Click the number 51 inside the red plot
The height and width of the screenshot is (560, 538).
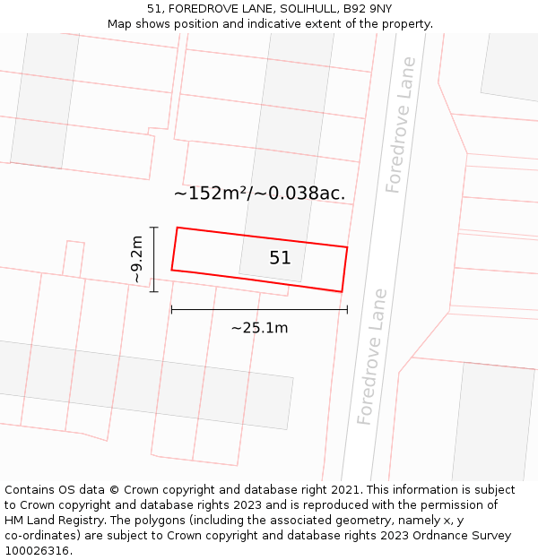point(280,258)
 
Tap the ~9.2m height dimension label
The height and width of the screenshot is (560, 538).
point(136,259)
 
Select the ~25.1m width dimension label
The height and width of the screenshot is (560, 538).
point(259,328)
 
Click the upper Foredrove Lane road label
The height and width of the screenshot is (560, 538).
point(401,125)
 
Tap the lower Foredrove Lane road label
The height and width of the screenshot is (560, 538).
point(372,356)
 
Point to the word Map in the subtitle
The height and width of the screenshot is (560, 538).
point(121,24)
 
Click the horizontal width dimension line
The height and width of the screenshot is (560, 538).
point(259,310)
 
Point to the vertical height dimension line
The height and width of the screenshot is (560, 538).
point(154,259)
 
